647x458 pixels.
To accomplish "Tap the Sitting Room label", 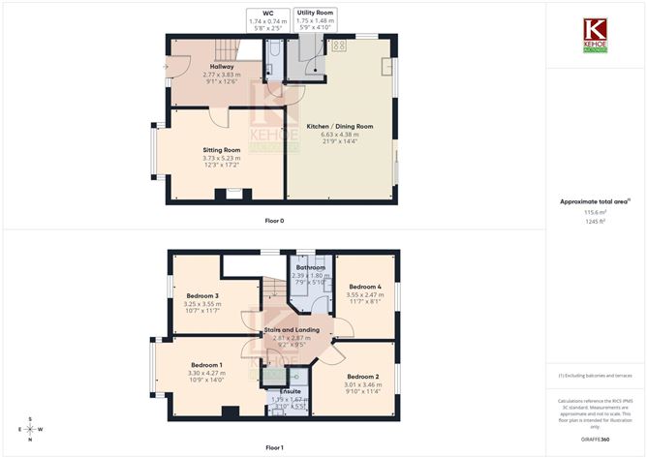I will pos(222,150).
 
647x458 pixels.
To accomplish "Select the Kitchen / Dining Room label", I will pos(340,127).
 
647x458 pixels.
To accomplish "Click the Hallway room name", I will pos(222,67).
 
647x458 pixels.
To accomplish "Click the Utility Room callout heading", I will pos(315,14).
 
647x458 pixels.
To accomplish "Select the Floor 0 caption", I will pos(274,221).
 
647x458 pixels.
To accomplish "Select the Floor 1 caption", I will pos(274,447).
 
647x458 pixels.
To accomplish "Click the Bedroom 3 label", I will pos(202,295).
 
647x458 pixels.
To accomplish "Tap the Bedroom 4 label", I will pos(365,287).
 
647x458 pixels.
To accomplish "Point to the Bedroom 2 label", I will pos(361,376).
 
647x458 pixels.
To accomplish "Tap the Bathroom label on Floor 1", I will pos(311,267).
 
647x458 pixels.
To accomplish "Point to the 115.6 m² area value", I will pos(595,212).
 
